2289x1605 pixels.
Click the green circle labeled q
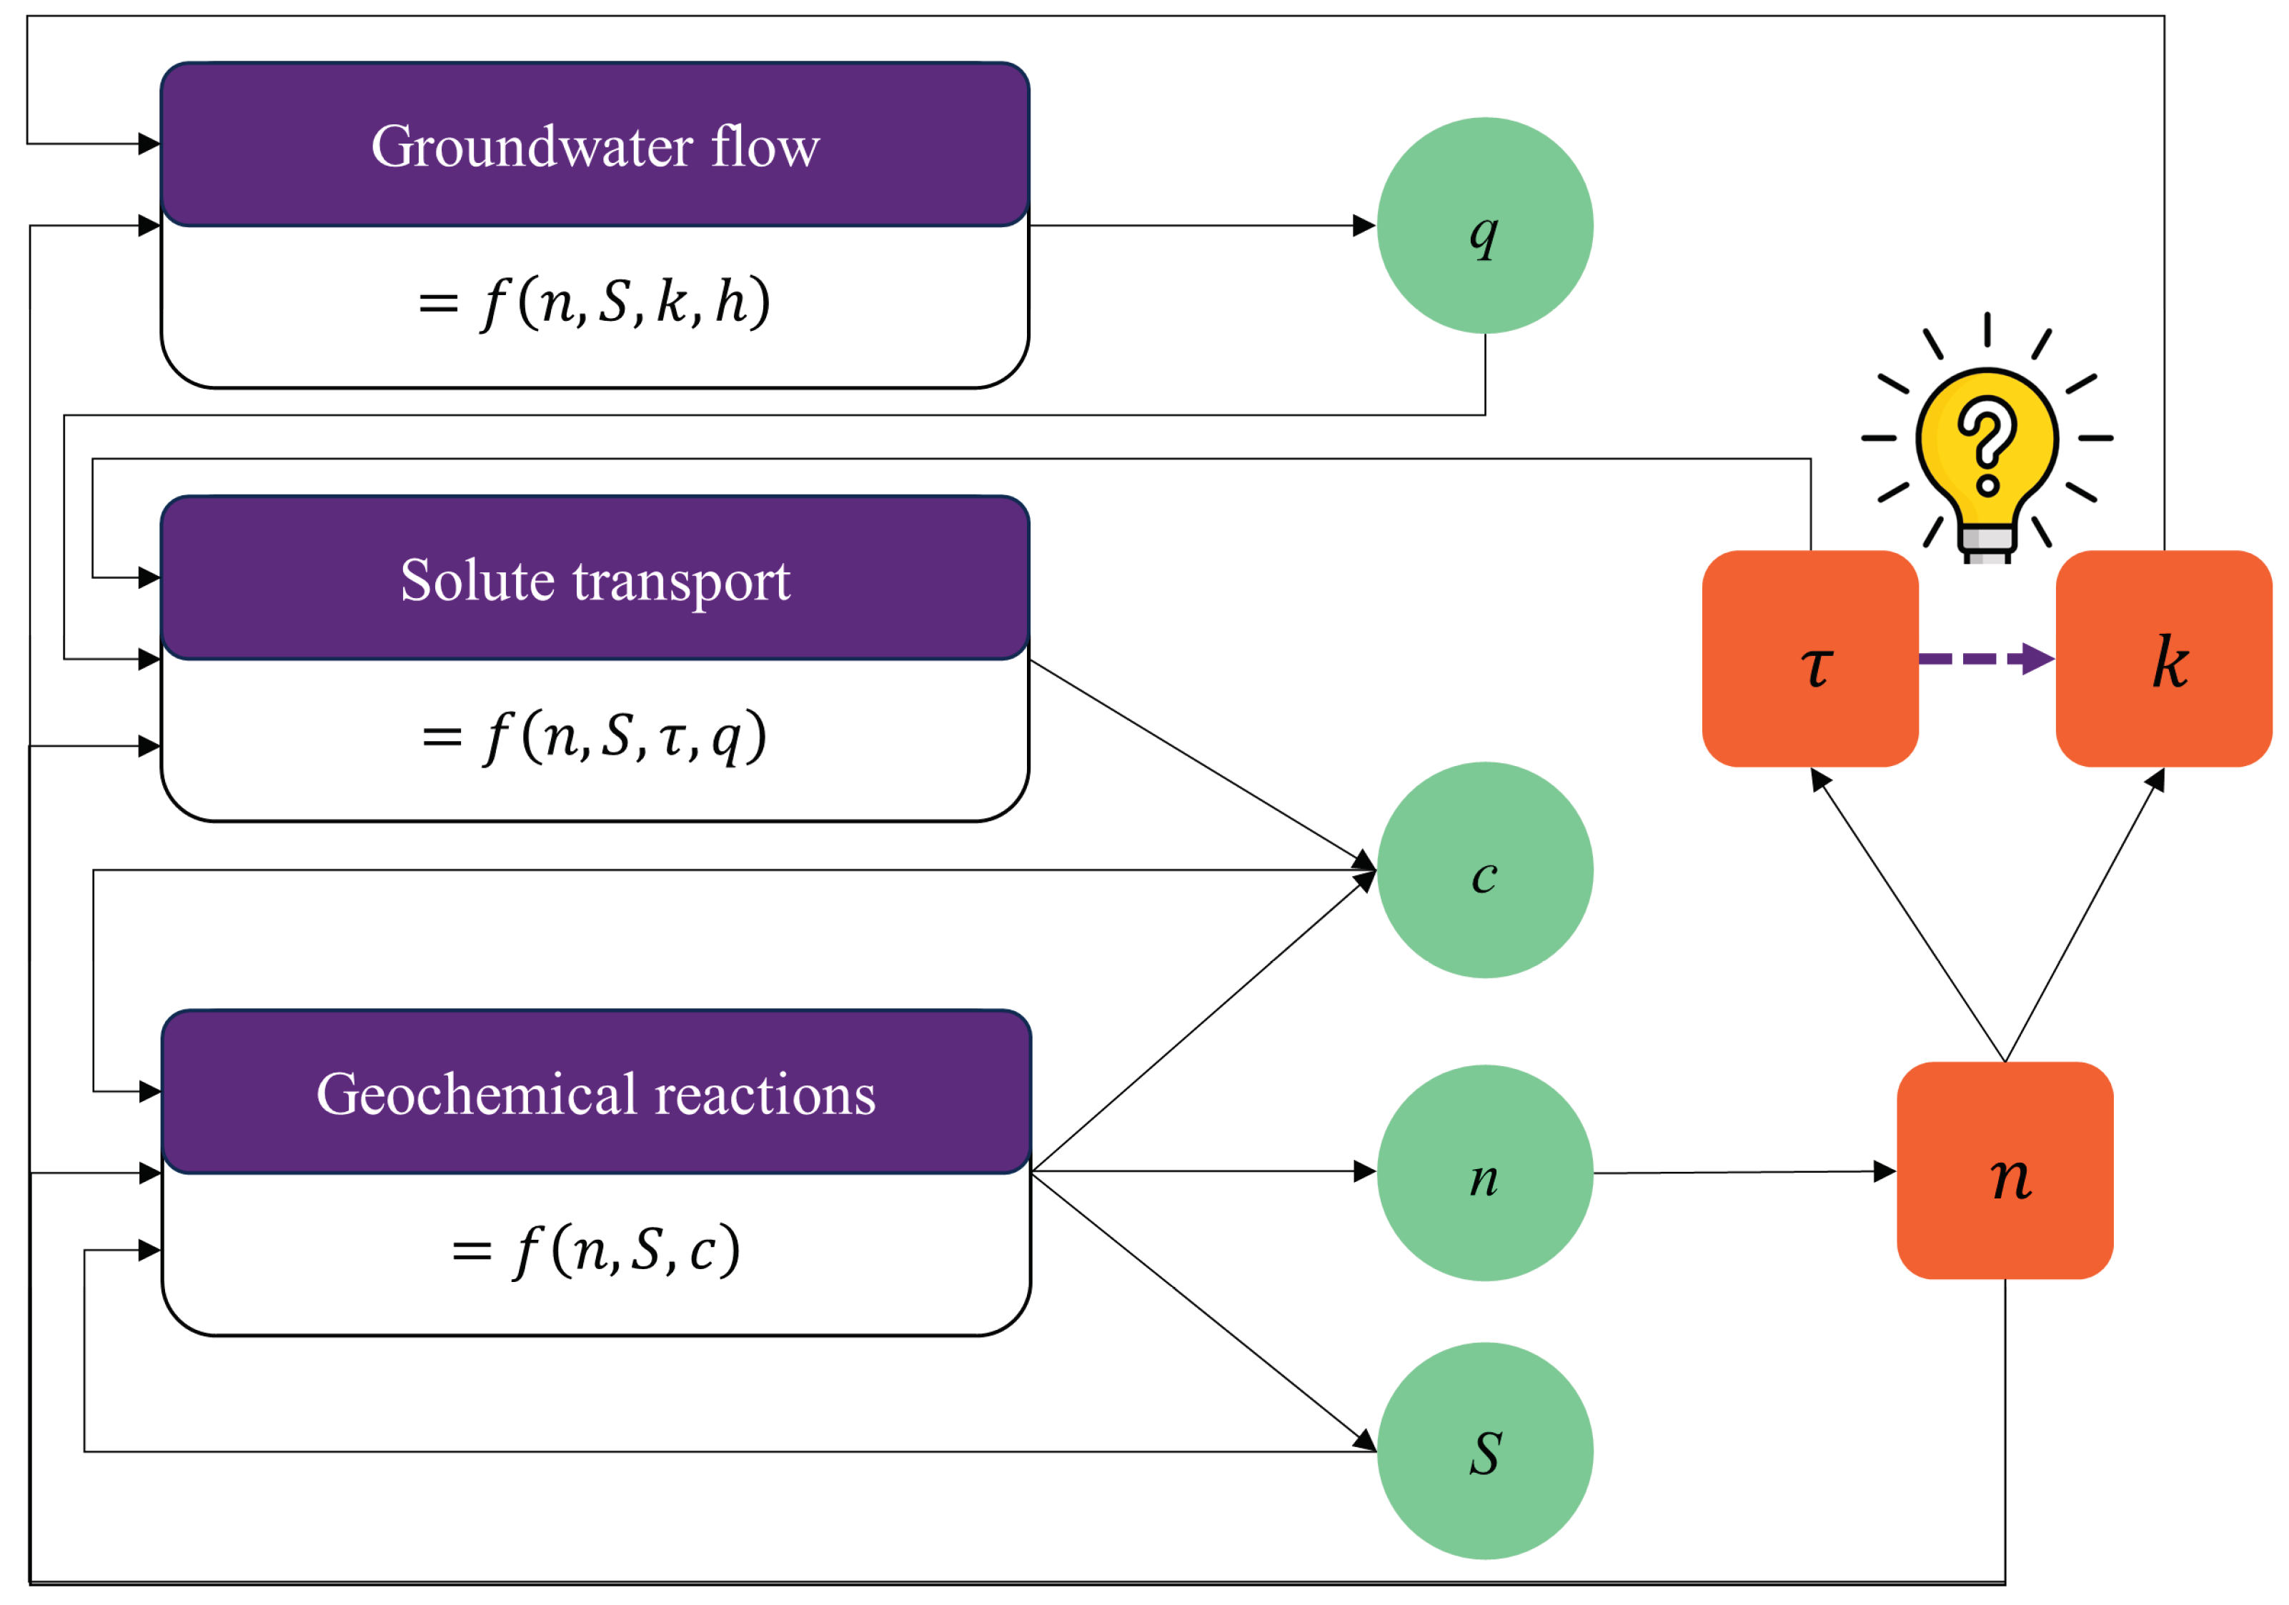tap(1484, 225)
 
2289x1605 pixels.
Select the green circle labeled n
tap(1484, 1173)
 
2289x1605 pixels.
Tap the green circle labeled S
tap(1484, 1451)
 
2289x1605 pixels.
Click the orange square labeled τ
tap(1809, 659)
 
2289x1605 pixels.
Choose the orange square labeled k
tap(2163, 659)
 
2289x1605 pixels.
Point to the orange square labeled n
tap(2005, 1171)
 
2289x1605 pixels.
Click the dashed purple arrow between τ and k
tap(1984, 659)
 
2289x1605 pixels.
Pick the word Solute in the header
tap(477, 580)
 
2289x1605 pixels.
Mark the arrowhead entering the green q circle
tap(1364, 225)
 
